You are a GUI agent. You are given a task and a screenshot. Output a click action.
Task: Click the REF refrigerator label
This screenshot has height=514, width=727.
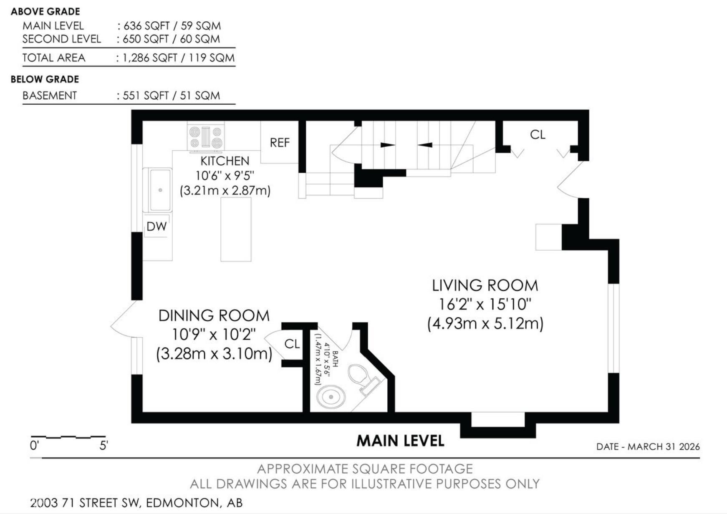click(x=280, y=143)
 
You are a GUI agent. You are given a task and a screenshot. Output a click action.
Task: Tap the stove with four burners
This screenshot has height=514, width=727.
click(x=206, y=137)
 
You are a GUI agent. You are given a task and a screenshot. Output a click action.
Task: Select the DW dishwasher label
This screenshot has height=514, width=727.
click(x=157, y=227)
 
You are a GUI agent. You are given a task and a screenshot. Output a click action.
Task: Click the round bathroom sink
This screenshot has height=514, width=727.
click(x=331, y=397)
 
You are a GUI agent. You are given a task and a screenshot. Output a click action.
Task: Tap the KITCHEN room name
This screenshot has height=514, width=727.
click(x=225, y=161)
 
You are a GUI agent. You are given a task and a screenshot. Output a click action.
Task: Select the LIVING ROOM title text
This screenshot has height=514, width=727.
click(x=485, y=286)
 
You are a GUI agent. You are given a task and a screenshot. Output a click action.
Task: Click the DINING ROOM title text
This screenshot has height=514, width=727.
click(x=214, y=316)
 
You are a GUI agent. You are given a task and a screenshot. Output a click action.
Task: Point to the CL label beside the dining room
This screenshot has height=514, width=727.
click(x=292, y=344)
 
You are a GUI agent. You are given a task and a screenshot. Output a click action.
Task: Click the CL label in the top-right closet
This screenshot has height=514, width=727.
click(x=538, y=135)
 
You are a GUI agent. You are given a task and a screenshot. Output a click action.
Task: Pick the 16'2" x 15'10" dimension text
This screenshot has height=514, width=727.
click(x=485, y=305)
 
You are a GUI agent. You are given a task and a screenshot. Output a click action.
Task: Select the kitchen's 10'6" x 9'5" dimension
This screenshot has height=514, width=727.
click(x=225, y=176)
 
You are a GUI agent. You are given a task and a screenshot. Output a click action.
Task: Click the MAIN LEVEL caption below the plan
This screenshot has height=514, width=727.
click(x=400, y=441)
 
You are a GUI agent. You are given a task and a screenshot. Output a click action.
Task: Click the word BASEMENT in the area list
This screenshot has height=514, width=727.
click(x=50, y=96)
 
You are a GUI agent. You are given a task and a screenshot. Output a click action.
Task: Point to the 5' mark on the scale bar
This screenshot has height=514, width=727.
click(x=103, y=446)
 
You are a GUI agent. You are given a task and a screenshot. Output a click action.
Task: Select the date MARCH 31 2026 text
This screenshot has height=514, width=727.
click(x=664, y=447)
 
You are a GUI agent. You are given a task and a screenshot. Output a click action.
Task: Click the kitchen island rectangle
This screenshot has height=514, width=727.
click(x=236, y=229)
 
